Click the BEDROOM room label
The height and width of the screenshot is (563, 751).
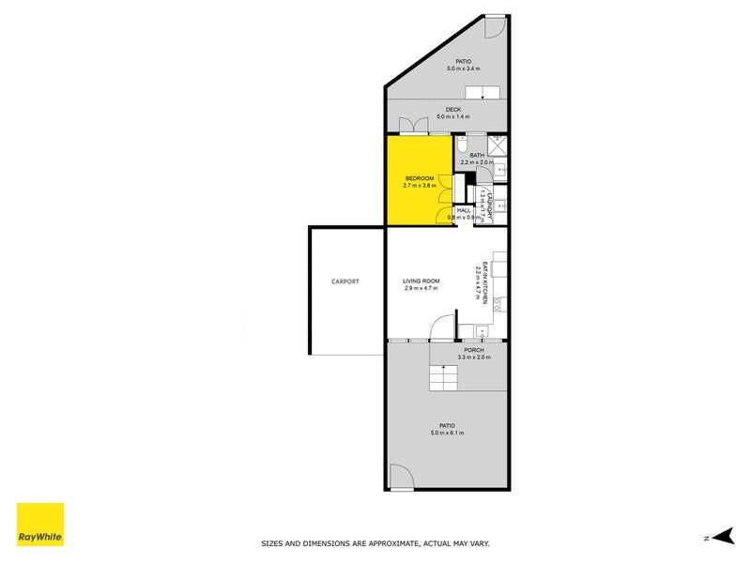coord(420,178)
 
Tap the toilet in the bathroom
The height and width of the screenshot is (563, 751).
coord(461,148)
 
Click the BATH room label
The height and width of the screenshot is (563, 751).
coord(477,156)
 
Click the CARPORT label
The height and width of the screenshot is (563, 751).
coord(345,281)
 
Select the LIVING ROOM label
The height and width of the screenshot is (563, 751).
coord(421,281)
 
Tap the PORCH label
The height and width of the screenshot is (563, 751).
coord(473,350)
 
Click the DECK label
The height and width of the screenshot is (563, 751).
coord(453,110)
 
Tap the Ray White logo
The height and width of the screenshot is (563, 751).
coord(40,525)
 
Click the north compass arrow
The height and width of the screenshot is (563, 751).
coord(721,538)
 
